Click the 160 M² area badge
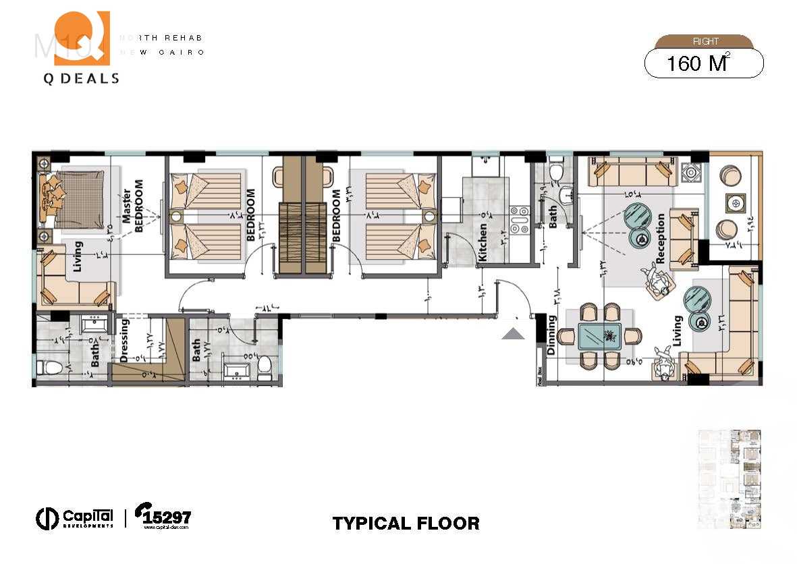pos(704,63)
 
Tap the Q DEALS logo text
pos(81,78)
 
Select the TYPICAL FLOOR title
pos(406,523)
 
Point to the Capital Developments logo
pos(75,517)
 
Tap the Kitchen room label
pos(483,242)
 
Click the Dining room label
pos(551,335)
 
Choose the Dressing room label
pos(124,341)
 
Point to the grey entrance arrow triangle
pos(514,333)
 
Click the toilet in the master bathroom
pos(49,368)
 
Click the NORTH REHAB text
pos(161,38)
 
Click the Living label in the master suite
pos(78,256)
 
